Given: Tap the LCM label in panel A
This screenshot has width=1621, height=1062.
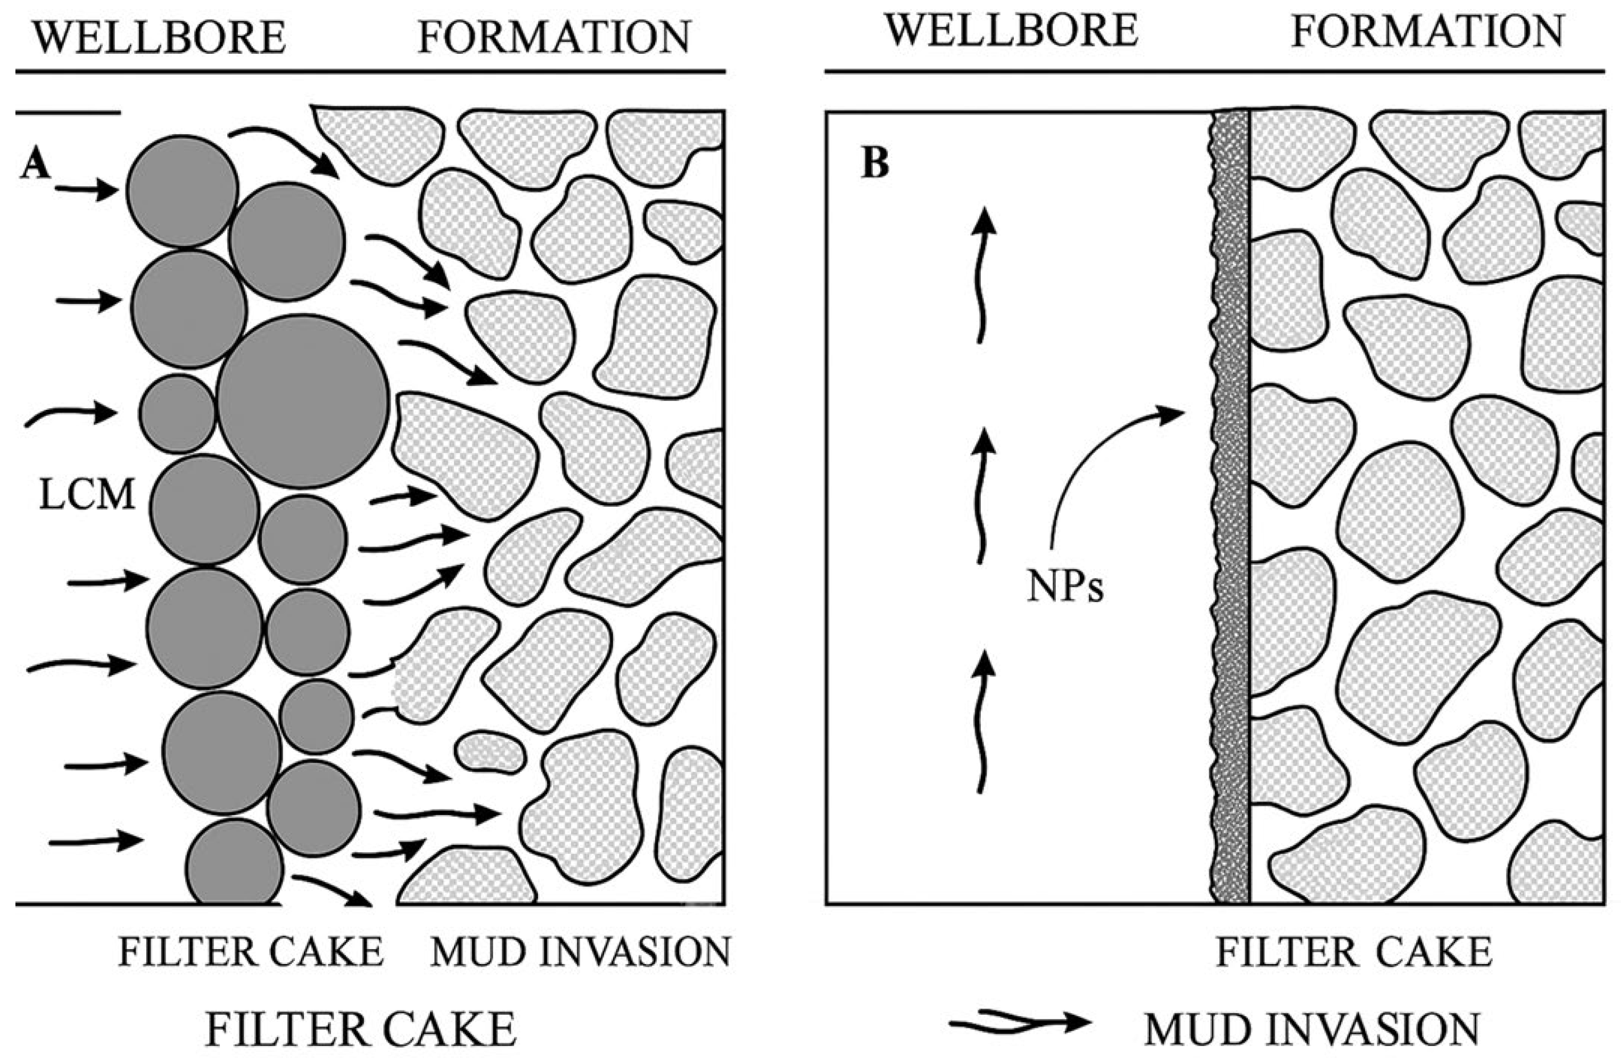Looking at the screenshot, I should pyautogui.click(x=87, y=495).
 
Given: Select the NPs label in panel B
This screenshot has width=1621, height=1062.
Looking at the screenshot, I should pyautogui.click(x=1064, y=587).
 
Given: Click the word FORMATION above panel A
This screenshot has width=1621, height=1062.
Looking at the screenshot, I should pyautogui.click(x=554, y=37).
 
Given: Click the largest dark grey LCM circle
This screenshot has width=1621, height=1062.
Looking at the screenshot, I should pyautogui.click(x=303, y=401).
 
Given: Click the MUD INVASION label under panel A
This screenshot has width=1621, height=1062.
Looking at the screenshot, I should pyautogui.click(x=580, y=952).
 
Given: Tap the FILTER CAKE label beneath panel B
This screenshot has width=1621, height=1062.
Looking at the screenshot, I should pyautogui.click(x=1354, y=952).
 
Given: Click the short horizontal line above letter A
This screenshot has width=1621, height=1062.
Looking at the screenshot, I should pyautogui.click(x=68, y=112).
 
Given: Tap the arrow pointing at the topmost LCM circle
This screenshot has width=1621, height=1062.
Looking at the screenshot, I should pyautogui.click(x=87, y=190).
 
